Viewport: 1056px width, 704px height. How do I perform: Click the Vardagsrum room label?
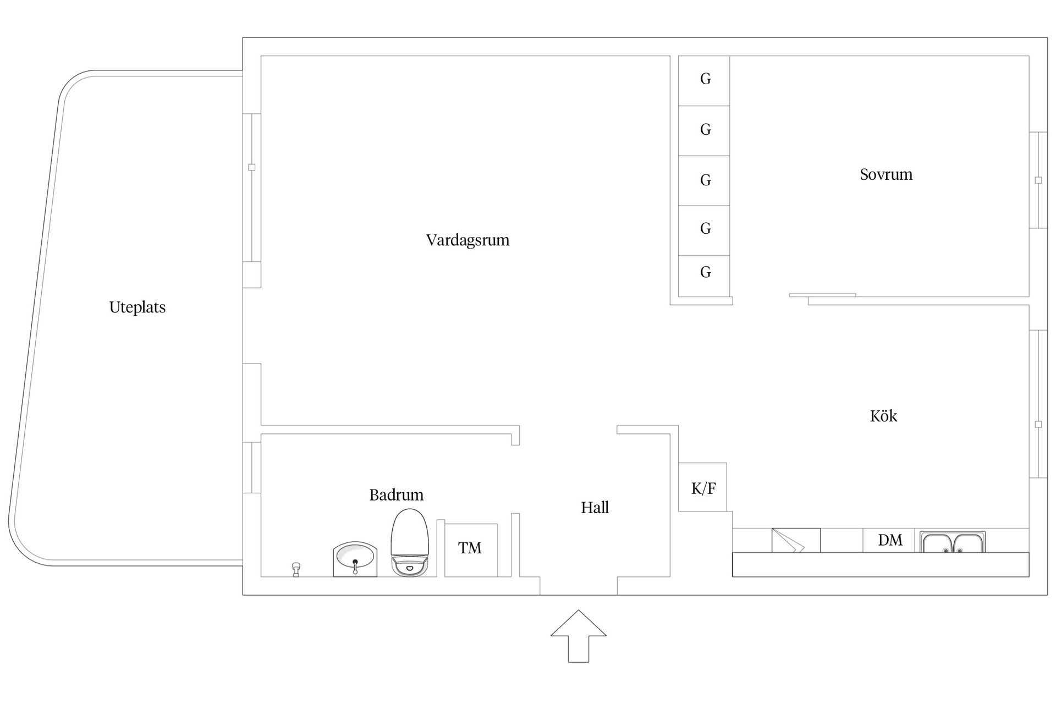[x=468, y=240]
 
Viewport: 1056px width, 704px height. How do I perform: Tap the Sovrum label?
[x=886, y=174]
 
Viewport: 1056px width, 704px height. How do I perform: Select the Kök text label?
[x=883, y=416]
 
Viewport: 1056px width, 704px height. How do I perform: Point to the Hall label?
[x=595, y=507]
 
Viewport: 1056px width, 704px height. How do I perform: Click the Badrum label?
[x=396, y=495]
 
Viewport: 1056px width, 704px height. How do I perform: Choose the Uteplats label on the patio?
[x=137, y=307]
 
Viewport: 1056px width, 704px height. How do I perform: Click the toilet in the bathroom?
[x=409, y=542]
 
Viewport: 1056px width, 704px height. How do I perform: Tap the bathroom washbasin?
[x=355, y=559]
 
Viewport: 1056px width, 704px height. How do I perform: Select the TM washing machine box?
[x=471, y=550]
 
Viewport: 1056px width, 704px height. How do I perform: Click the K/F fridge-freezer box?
[x=702, y=487]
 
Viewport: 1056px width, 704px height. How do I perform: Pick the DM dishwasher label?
[x=890, y=540]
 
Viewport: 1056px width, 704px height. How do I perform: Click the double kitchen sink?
[x=953, y=542]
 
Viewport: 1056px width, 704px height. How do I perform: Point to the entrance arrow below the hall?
[x=579, y=636]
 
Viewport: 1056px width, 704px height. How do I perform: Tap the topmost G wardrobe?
[x=704, y=80]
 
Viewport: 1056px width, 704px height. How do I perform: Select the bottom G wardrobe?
[x=704, y=276]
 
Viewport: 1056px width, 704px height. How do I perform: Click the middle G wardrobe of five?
[x=704, y=180]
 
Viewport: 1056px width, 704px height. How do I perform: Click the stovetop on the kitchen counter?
[x=796, y=540]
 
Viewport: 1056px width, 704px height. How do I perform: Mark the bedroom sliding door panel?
[x=822, y=295]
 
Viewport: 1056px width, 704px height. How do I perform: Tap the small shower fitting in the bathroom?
[x=296, y=569]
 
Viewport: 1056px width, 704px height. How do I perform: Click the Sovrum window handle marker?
[x=1038, y=180]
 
